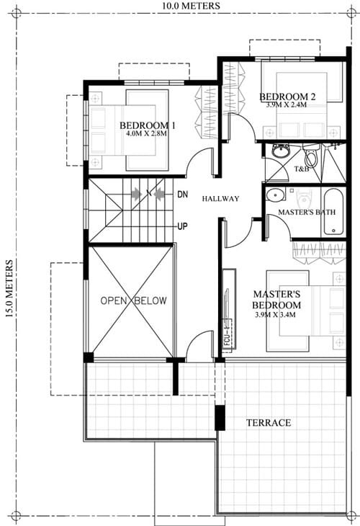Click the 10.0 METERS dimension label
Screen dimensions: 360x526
192,6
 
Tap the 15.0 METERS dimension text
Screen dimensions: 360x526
9,288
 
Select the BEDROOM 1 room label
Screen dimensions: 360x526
148,125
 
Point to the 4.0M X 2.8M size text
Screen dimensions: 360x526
146,133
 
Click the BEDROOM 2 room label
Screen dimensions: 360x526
287,97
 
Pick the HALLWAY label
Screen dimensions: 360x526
220,199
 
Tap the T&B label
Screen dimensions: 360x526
302,169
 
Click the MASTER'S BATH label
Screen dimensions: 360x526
307,212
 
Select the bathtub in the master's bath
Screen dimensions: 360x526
333,212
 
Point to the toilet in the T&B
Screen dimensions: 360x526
311,156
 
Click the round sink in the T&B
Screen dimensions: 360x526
280,151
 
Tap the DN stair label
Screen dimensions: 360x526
183,195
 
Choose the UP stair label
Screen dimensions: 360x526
182,227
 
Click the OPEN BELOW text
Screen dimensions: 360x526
133,300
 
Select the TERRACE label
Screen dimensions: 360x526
269,423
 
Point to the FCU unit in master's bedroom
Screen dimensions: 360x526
229,309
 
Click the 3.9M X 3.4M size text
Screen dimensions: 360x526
275,315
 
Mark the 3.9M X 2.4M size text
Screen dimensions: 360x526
287,104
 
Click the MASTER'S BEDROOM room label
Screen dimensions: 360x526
276,300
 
